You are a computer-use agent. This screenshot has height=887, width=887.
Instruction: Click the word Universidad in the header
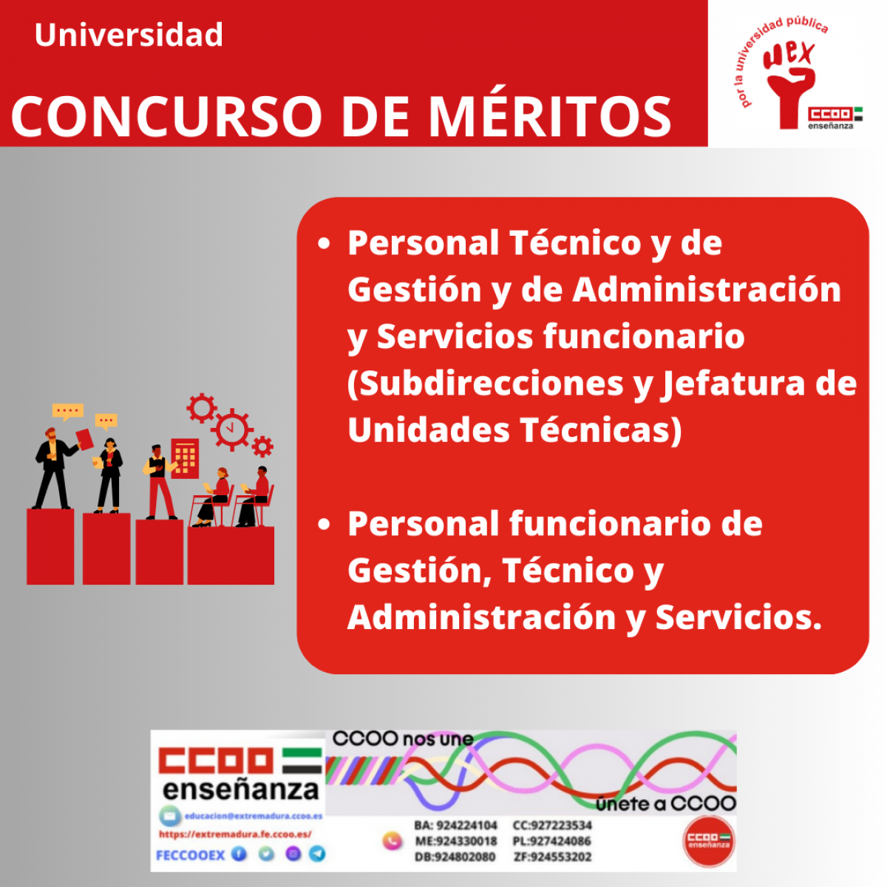tap(129, 35)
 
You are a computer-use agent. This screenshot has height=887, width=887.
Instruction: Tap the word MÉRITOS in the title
tap(550, 116)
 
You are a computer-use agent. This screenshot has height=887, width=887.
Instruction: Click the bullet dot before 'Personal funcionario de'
tap(324, 525)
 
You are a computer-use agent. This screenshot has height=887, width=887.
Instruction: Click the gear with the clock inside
tap(232, 429)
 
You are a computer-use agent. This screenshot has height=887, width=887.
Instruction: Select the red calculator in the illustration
tap(185, 458)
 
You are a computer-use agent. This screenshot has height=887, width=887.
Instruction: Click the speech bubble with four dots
tap(68, 411)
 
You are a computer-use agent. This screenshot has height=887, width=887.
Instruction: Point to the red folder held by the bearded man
tap(84, 438)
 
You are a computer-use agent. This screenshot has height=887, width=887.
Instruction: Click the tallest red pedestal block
tap(50, 546)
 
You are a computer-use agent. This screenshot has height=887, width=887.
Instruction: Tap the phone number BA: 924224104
tap(455, 825)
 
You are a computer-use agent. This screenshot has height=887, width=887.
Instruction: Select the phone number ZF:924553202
tap(552, 857)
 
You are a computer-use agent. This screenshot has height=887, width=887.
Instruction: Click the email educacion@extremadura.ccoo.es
tap(252, 816)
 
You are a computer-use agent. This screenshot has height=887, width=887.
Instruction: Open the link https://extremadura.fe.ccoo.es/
tap(235, 835)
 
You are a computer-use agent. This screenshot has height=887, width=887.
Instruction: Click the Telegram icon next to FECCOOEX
tap(317, 854)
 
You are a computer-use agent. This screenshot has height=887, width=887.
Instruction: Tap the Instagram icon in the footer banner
tap(293, 854)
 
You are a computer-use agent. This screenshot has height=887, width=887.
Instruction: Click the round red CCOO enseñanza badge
tap(709, 840)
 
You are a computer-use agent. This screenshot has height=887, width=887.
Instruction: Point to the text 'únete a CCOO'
tap(666, 803)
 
